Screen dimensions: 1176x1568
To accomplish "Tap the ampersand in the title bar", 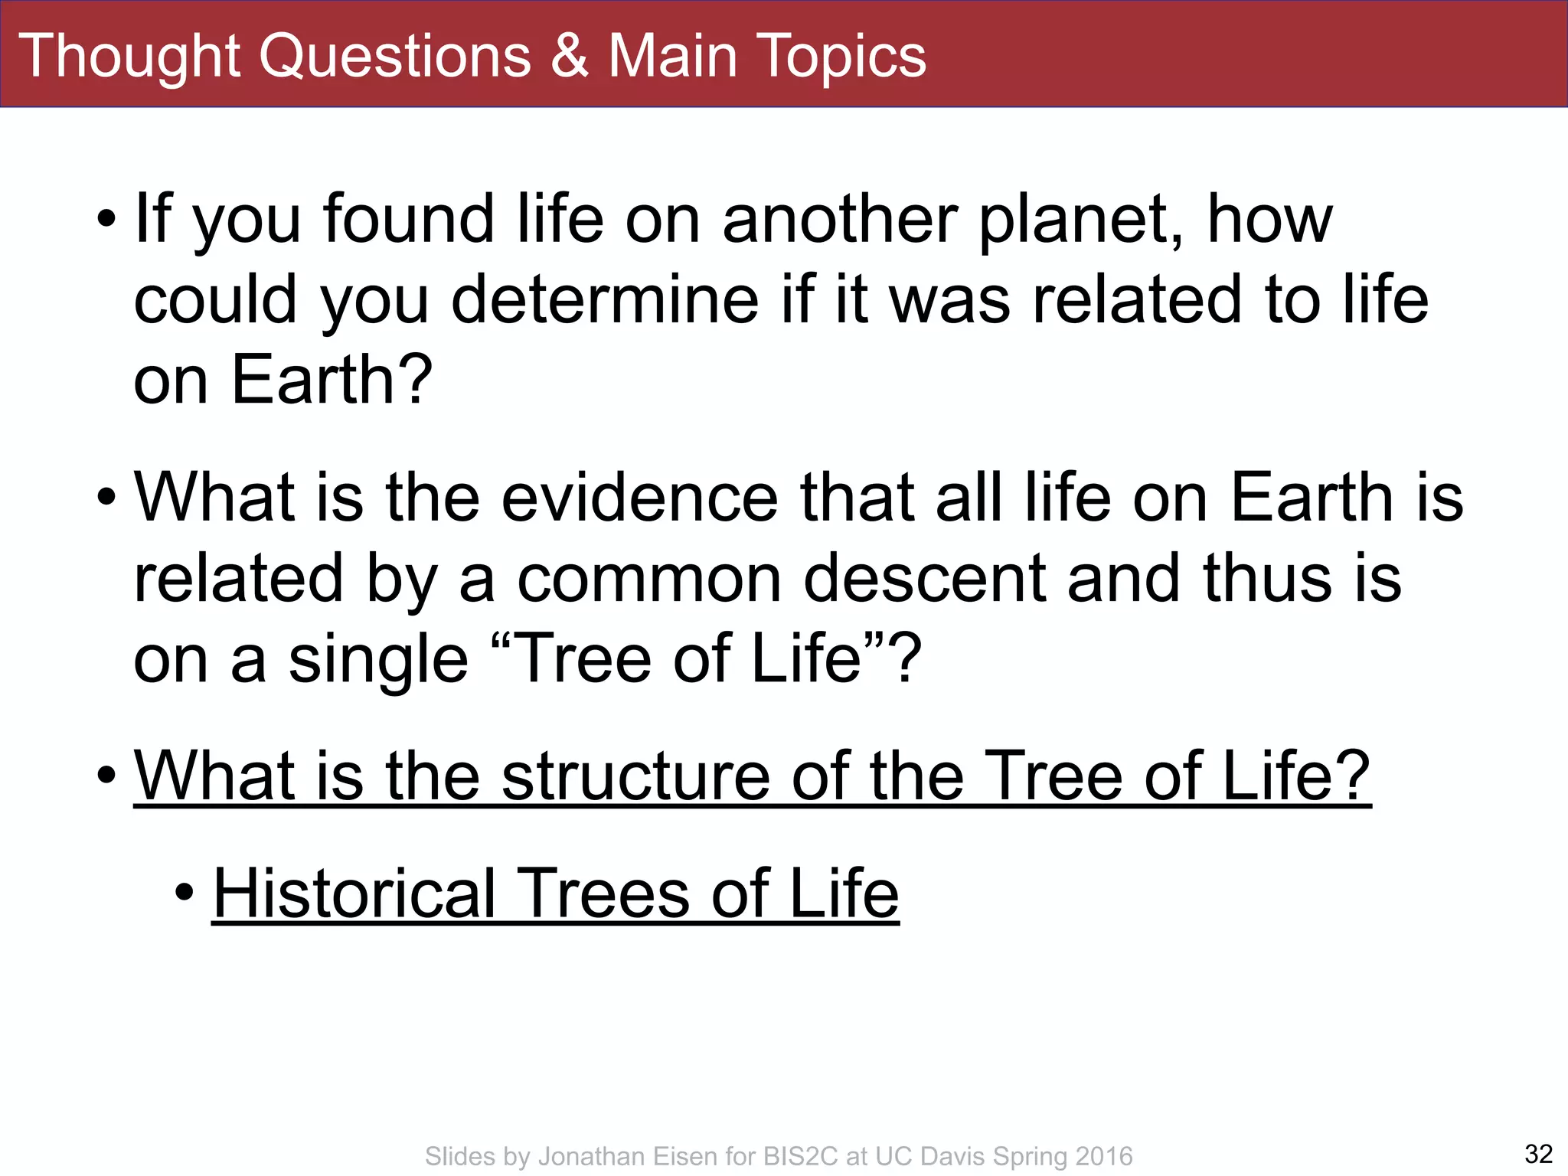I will pos(570,56).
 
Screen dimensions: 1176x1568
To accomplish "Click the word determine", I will pos(605,300).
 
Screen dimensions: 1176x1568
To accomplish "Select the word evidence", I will pos(639,498).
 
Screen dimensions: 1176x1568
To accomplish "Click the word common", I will pos(649,579).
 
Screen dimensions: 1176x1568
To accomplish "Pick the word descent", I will pos(924,579).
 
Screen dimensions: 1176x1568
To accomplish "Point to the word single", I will pos(377,660).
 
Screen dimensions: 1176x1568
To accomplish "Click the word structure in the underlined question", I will pos(635,776).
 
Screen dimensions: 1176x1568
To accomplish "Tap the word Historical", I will pos(354,893).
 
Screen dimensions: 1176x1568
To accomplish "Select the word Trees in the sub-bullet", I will pos(604,893).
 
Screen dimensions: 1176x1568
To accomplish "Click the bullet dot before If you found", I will pos(106,219).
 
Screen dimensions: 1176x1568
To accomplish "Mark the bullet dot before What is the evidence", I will pos(106,497).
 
